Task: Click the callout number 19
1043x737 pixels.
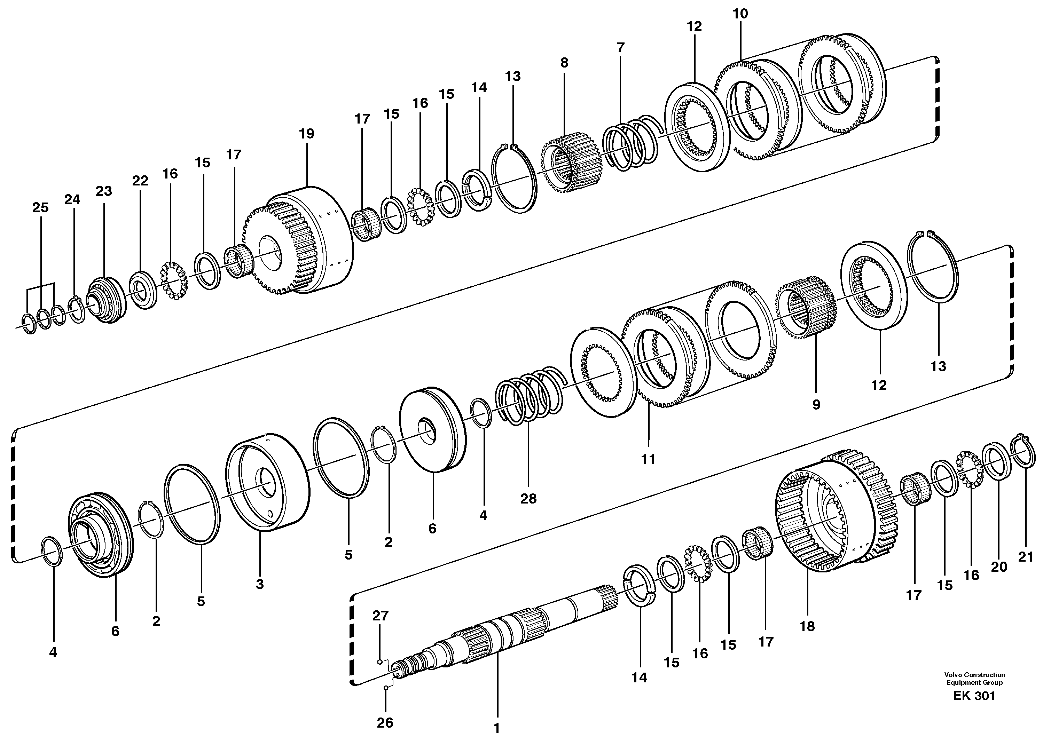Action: [x=307, y=134]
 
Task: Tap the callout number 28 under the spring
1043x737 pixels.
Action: [x=528, y=499]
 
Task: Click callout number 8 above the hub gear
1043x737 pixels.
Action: [x=564, y=63]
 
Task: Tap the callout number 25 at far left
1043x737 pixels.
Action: [x=40, y=208]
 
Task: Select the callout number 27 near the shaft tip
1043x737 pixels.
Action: [x=380, y=616]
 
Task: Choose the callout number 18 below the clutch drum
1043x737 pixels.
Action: [x=807, y=626]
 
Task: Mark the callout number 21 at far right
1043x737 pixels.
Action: [x=1025, y=557]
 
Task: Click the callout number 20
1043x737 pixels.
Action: [x=999, y=567]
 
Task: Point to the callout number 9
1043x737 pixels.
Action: [x=816, y=405]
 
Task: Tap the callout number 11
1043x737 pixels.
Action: [x=648, y=460]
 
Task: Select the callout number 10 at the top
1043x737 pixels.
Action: [x=740, y=14]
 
